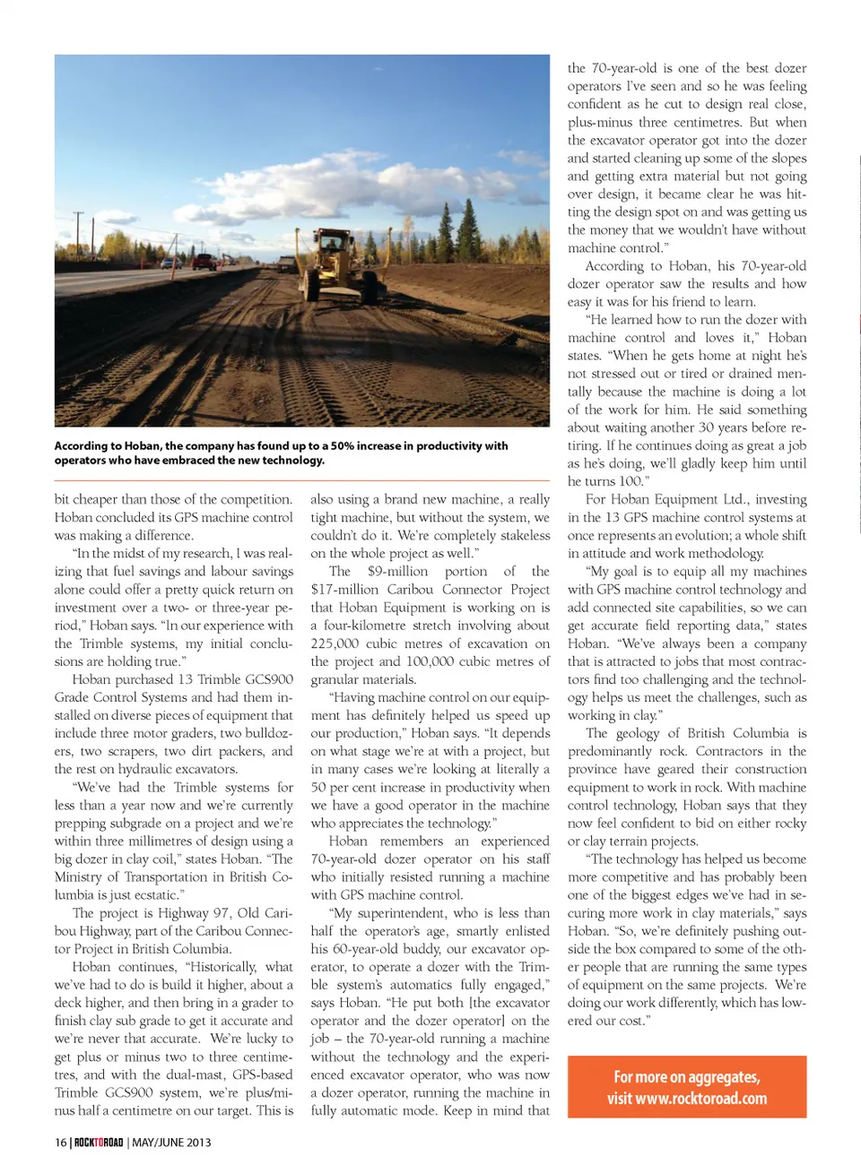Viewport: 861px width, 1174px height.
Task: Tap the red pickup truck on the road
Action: click(x=205, y=263)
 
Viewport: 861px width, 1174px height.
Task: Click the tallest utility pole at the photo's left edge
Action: click(x=79, y=235)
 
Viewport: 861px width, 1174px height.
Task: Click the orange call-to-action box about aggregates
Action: click(x=687, y=1087)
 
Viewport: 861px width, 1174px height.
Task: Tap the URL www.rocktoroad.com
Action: click(x=700, y=1099)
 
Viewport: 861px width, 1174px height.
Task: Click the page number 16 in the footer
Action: click(x=60, y=1143)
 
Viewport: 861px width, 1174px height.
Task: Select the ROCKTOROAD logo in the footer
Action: click(x=98, y=1143)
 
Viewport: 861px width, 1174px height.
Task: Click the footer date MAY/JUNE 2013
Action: click(x=171, y=1143)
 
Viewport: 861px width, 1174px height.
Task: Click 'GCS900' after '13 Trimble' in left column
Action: click(x=269, y=679)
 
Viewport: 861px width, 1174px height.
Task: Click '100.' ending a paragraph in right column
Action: click(x=632, y=481)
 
